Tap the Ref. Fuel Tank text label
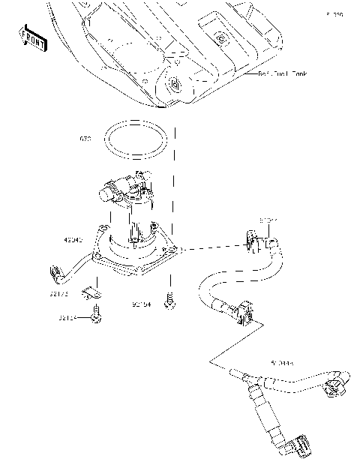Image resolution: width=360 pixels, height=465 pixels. point(283,74)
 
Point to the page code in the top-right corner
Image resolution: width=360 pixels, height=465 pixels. point(334,14)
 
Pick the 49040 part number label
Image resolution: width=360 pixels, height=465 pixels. point(73,240)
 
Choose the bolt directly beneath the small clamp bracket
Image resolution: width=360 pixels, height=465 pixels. point(96,318)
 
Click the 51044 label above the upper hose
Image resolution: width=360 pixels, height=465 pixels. point(269,220)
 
